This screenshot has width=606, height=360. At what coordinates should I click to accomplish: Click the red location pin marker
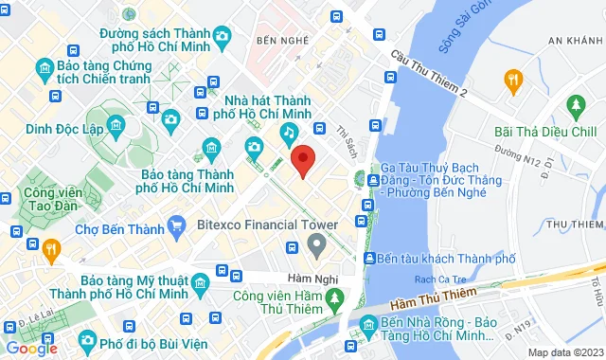point(302,160)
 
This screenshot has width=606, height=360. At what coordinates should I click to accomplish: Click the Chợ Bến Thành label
point(115,227)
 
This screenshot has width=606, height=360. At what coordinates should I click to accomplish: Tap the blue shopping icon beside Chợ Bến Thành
point(175,225)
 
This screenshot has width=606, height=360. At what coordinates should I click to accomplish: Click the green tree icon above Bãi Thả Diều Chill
point(574,103)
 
